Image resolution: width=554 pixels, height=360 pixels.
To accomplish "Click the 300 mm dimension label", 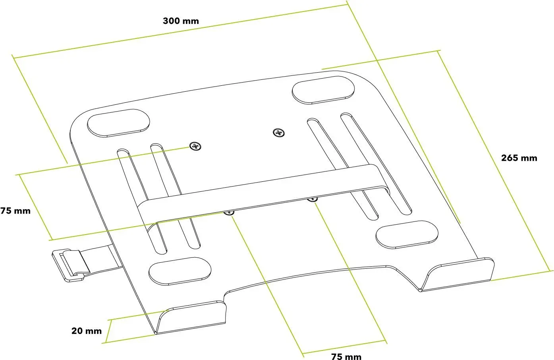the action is coord(181,21).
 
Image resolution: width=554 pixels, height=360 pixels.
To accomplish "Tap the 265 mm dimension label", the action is coord(519,158).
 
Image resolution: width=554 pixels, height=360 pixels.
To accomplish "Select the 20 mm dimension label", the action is coord(87,331).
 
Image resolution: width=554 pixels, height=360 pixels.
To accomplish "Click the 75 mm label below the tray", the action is coord(346,356).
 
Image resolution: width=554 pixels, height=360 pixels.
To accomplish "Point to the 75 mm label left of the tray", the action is coord(15,211).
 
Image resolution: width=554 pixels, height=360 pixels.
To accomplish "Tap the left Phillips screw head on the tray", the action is coord(195,146).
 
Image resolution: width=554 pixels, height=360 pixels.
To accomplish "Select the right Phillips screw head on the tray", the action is coord(279,133).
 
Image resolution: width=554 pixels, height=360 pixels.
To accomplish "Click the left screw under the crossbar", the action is coord(229,213).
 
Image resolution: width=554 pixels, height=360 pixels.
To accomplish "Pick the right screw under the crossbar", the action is coord(313,199).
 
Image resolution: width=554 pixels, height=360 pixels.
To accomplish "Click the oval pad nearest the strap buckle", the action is coord(180,271).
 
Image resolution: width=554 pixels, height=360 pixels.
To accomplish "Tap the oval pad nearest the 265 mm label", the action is coord(407,235).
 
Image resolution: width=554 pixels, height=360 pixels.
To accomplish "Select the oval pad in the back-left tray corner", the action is coord(118,123).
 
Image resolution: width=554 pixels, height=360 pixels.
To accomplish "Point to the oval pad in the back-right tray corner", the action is coord(323,90).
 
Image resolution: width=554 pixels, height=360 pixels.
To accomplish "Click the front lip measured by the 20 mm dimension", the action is coord(191,317).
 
